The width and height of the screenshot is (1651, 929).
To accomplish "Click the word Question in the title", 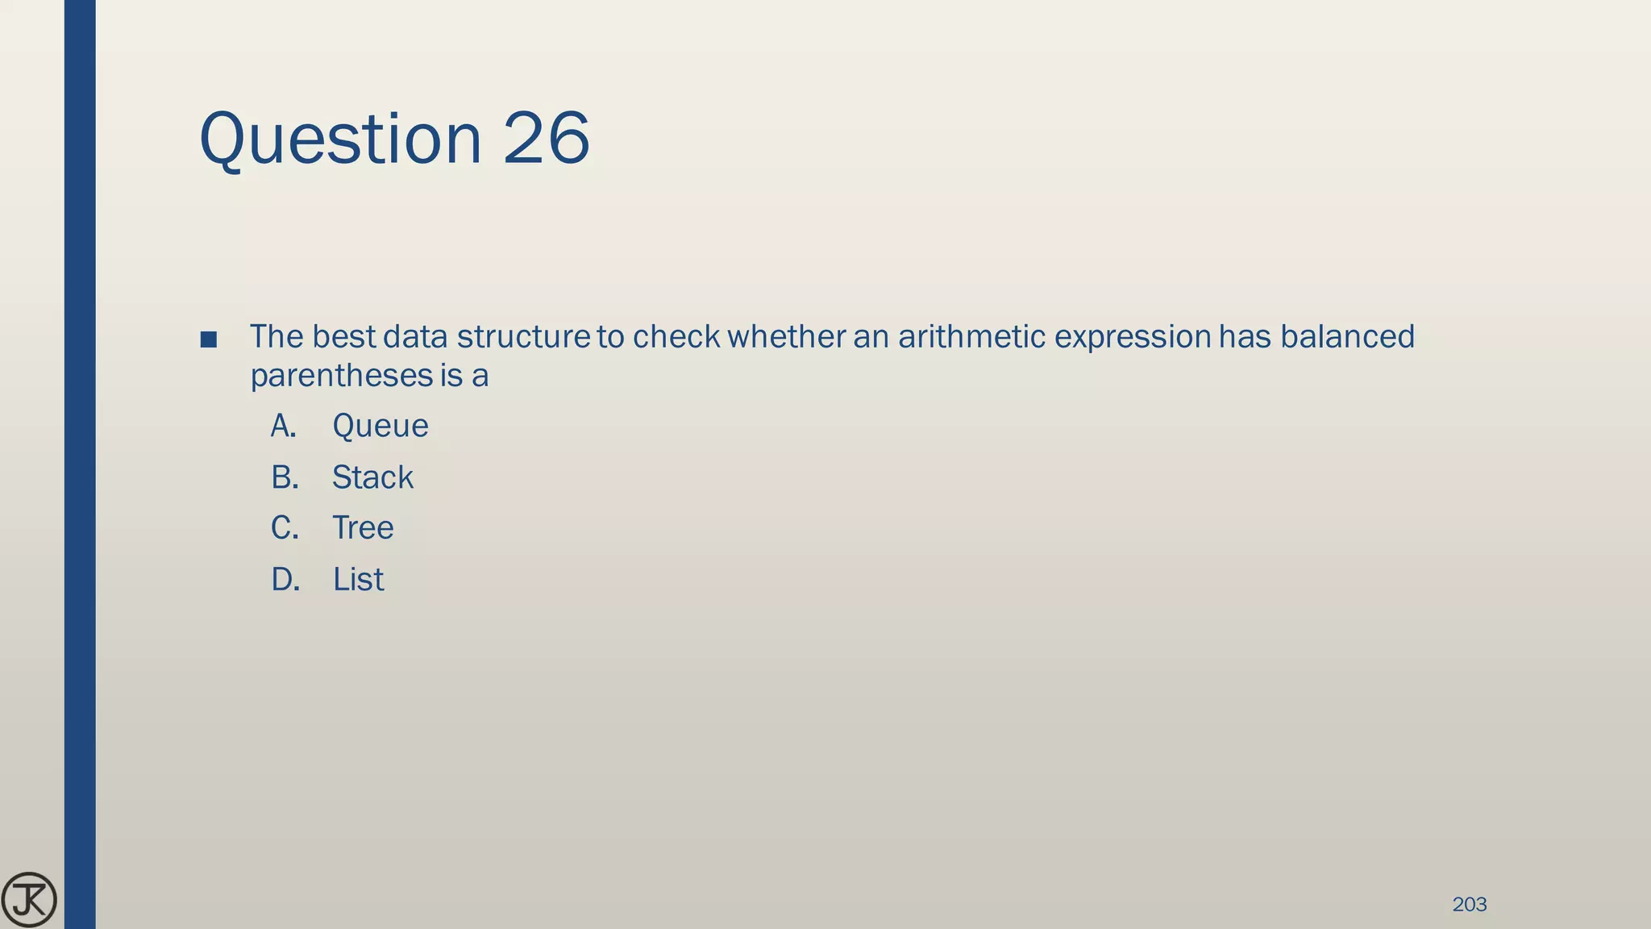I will pos(340,139).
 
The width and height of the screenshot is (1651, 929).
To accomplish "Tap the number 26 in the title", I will pos(547,139).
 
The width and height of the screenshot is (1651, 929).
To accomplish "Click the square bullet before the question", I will pos(208,340).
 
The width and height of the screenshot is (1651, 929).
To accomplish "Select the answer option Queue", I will pos(380,427).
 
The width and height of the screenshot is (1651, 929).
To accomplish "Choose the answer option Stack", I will pos(372,477).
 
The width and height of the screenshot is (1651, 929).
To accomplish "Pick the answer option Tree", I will pos(363,528).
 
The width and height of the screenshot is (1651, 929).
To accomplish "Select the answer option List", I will pos(358,580).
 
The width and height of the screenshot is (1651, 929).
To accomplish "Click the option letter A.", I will pos(284,427).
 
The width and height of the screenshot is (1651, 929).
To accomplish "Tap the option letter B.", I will pos(285,477).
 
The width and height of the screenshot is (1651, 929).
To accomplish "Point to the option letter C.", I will pos(285,528).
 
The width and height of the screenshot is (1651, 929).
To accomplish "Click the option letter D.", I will pos(285,580).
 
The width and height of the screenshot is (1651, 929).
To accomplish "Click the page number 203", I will pos(1469,905).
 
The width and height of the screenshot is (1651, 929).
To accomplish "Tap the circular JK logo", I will pos(29,900).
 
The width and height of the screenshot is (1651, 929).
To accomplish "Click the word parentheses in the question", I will pos(341,377).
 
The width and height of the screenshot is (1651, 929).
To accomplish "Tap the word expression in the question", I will pos(1133,337).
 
